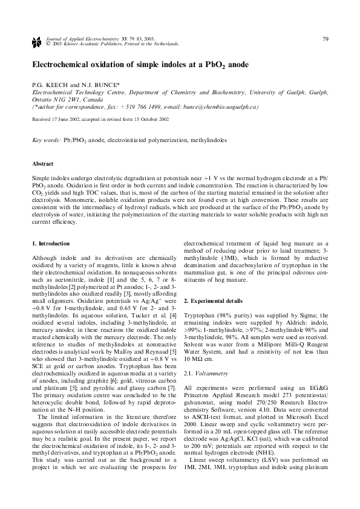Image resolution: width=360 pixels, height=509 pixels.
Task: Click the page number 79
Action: (x=326, y=39)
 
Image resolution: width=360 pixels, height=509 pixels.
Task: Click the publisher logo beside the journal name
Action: (x=35, y=42)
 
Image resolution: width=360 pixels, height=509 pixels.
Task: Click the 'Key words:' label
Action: (x=46, y=140)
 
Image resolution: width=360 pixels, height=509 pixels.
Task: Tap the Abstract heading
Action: (x=42, y=164)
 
